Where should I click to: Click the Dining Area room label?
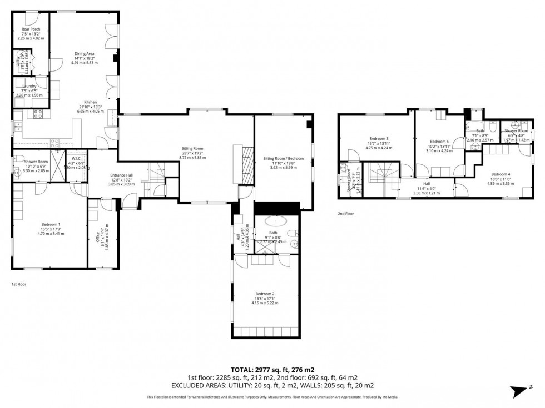[85, 54]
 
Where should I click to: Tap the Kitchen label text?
[91, 103]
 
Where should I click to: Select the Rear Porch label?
[31, 29]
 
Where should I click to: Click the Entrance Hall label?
[121, 175]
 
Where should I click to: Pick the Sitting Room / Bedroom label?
[284, 158]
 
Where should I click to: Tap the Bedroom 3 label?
[379, 139]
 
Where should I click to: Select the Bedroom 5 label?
[439, 142]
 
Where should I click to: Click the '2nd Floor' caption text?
[345, 213]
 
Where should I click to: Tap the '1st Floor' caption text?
[19, 284]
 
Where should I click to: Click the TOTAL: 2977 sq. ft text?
[272, 370]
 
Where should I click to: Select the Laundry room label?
[29, 86]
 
